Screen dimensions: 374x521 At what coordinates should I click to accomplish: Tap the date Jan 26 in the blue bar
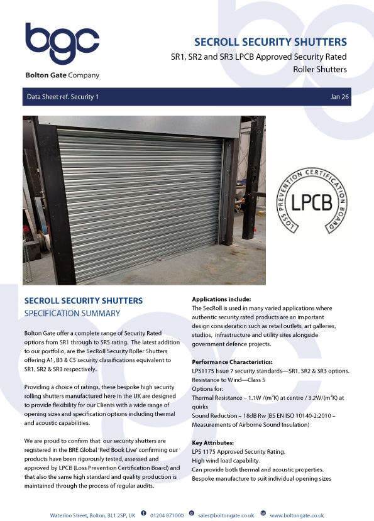(339, 97)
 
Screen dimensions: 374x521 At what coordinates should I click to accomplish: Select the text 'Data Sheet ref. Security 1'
(62, 97)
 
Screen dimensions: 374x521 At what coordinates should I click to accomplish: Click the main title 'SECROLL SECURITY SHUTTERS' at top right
(270, 43)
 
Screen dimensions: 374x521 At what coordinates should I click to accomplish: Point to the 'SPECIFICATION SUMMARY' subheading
(72, 312)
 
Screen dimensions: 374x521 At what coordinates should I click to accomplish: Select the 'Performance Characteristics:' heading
(232, 363)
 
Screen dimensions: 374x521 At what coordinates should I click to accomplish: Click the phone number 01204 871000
(167, 515)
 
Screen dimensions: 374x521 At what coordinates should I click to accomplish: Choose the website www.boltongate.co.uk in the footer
(297, 515)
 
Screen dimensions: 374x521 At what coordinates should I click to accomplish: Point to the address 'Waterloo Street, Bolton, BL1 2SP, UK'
(92, 515)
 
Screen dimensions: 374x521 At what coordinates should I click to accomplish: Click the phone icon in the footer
(144, 515)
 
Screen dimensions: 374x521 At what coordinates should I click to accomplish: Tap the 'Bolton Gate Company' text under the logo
(62, 75)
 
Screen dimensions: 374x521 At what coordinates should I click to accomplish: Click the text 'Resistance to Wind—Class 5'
(231, 380)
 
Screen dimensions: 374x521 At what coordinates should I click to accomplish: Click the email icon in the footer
(192, 515)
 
